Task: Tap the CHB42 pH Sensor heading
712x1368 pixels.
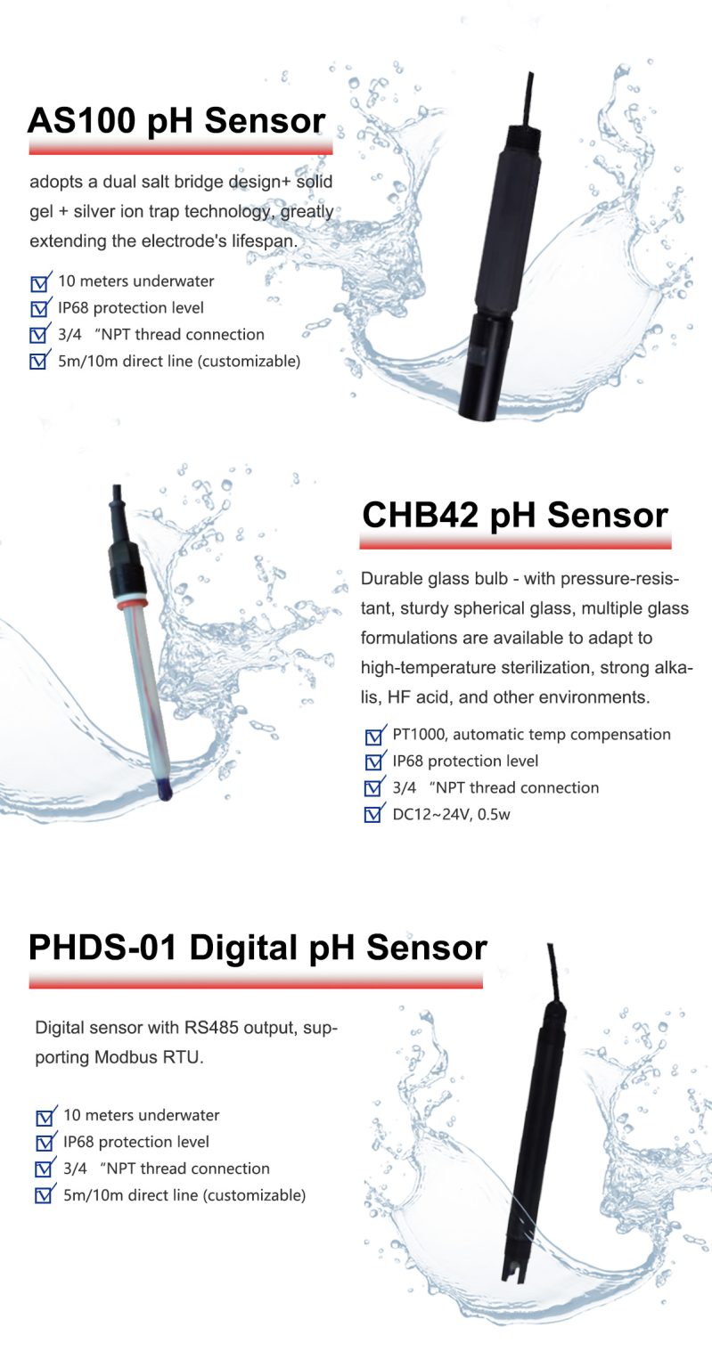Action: (515, 515)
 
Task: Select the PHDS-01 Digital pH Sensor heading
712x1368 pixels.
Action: (258, 947)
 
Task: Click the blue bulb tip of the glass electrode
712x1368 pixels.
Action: (164, 789)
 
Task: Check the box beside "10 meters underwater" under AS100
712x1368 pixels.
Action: (39, 283)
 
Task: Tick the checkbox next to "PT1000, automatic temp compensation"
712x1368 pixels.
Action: (374, 737)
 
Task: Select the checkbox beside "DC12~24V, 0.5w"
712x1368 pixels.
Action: (374, 815)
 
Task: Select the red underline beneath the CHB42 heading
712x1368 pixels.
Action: (515, 542)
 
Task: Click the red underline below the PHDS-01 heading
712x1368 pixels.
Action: (255, 981)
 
